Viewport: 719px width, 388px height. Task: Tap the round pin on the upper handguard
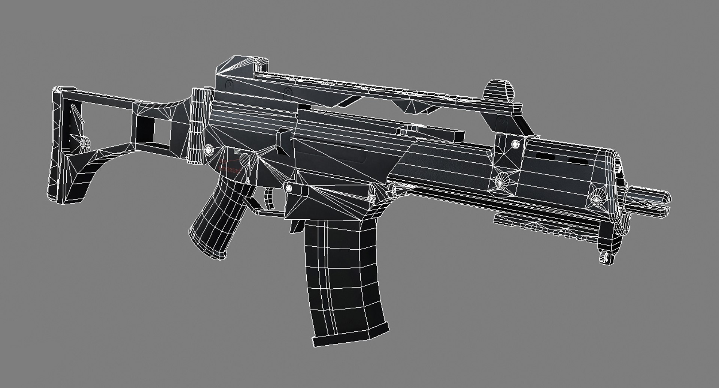point(515,143)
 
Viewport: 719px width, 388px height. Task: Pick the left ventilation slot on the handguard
point(545,155)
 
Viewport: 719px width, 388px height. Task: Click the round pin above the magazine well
point(289,186)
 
